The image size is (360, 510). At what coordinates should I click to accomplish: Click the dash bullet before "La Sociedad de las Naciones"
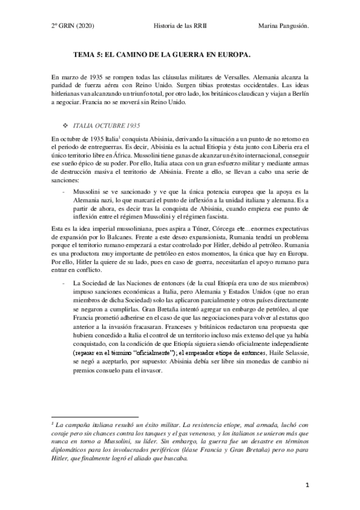(x=65, y=283)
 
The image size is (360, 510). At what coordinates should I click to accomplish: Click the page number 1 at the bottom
(x=307, y=484)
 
